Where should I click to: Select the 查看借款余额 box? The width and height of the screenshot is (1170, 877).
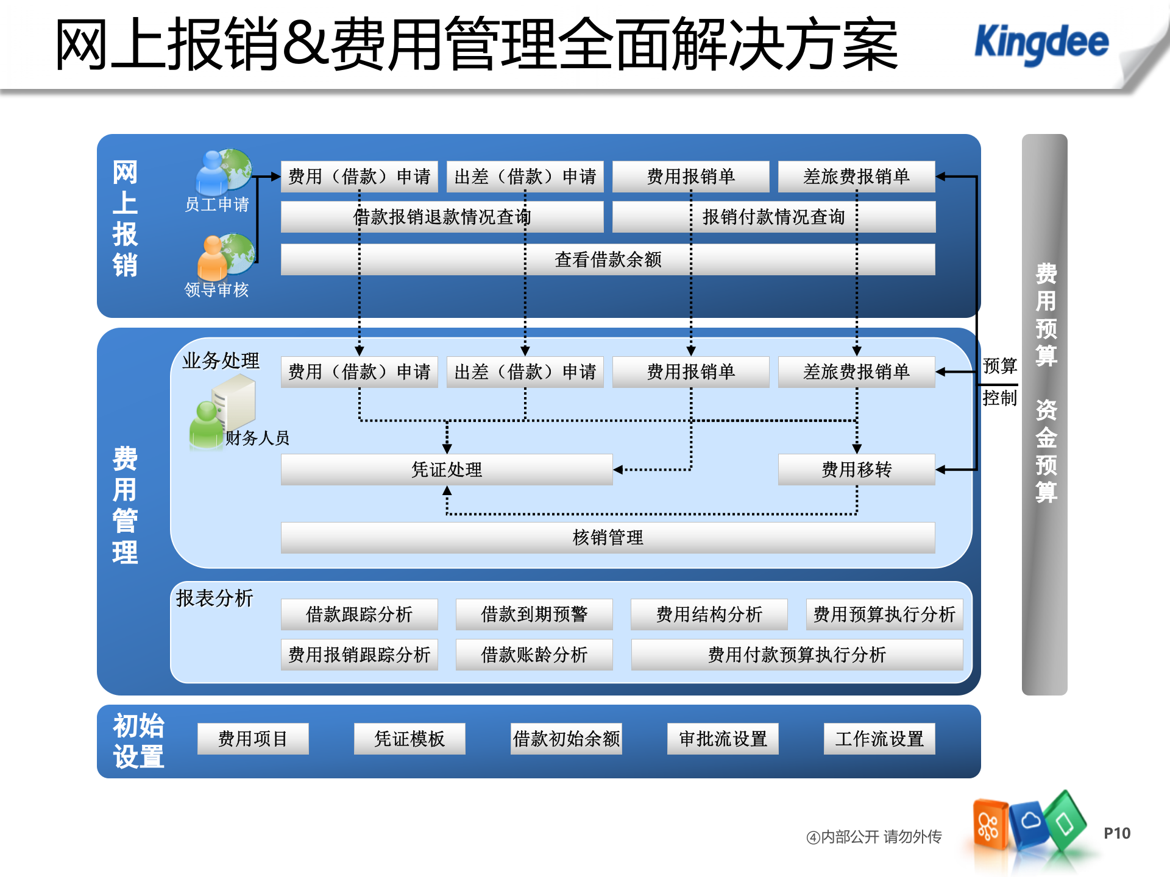608,260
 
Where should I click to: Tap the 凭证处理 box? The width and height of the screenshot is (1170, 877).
446,470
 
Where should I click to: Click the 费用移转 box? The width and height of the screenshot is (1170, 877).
856,470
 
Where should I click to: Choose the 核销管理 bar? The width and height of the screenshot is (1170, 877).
608,538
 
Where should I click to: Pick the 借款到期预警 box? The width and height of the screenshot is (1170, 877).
534,615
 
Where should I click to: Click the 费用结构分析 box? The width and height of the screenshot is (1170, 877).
709,615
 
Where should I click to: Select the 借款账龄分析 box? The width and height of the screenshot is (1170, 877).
534,655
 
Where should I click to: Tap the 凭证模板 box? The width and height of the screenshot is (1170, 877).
409,739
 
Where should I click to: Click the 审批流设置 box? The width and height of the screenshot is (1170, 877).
723,739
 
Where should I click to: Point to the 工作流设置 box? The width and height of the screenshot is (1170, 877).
879,739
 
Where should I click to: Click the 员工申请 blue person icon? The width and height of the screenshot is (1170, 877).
212,174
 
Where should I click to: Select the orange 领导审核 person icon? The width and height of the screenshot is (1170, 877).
213,258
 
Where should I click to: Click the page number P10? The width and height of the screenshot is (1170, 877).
1117,834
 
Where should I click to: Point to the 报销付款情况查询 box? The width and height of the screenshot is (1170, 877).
773,217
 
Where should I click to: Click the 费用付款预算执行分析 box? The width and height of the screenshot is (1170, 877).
796,655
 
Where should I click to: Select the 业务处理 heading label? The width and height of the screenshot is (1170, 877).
221,361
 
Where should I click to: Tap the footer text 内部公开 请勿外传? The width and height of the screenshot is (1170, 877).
874,837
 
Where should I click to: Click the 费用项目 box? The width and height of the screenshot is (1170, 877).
253,739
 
